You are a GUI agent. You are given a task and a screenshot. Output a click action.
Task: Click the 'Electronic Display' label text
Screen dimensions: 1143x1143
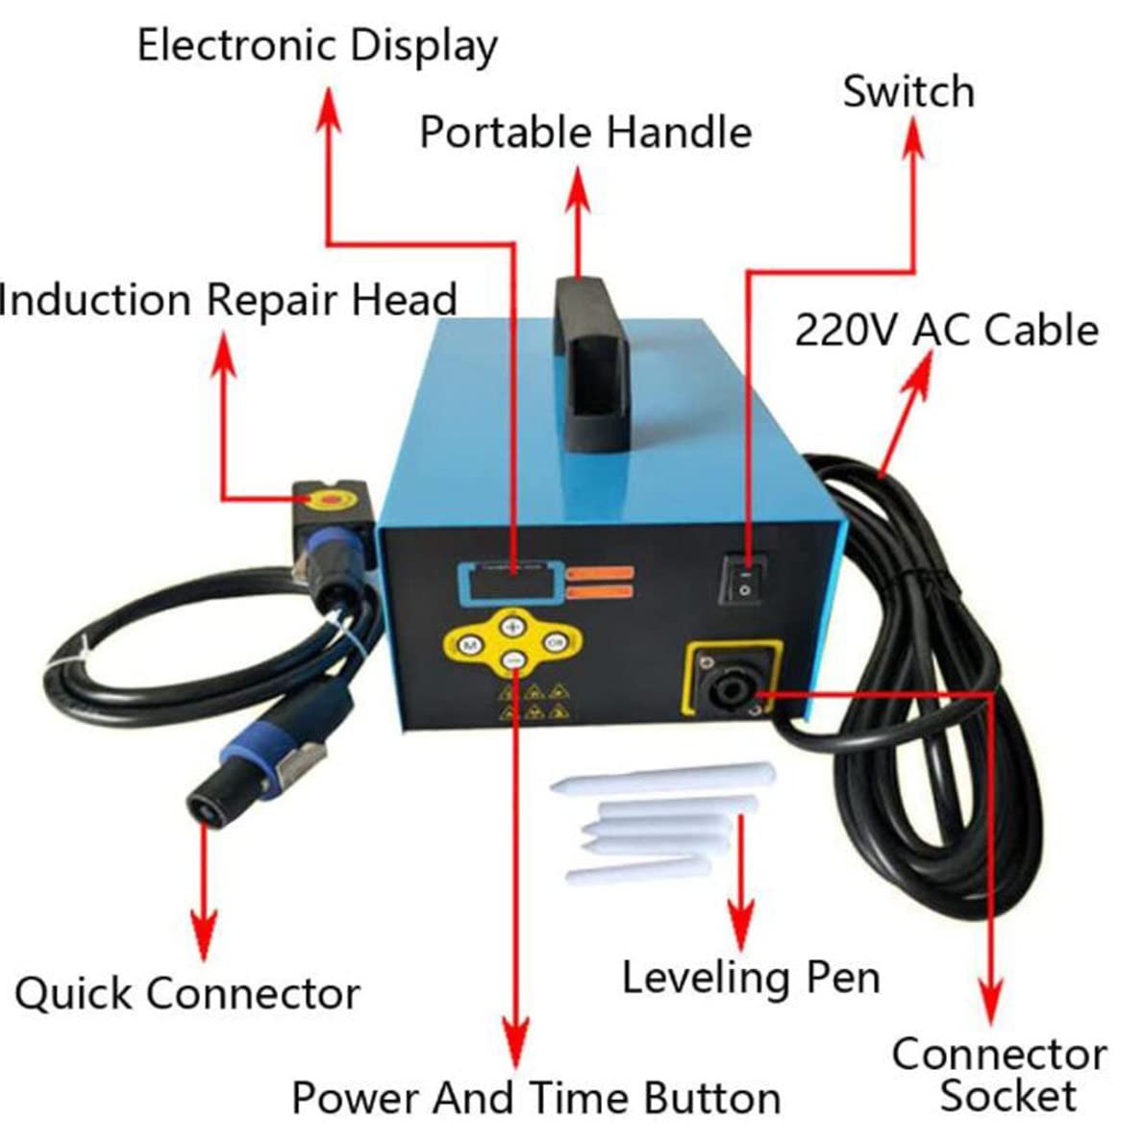pos(317,46)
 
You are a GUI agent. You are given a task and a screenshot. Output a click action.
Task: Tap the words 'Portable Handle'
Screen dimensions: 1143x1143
pos(585,132)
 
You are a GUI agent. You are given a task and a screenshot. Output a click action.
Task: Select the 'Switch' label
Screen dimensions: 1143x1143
pos(908,92)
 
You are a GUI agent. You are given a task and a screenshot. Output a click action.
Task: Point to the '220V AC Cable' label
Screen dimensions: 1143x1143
pos(947,330)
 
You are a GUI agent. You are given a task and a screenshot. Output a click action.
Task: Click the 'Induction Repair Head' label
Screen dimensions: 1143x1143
pos(229,300)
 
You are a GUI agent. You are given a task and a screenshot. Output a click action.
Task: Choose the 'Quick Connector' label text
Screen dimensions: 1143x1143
pos(187,993)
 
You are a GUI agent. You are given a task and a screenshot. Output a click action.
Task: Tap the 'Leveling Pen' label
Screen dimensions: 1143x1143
pos(751,977)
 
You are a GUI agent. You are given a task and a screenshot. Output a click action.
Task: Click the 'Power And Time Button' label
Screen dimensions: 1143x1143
pos(535,1098)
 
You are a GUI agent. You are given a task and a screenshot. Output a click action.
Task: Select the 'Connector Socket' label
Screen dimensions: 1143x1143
pos(1000,1075)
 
